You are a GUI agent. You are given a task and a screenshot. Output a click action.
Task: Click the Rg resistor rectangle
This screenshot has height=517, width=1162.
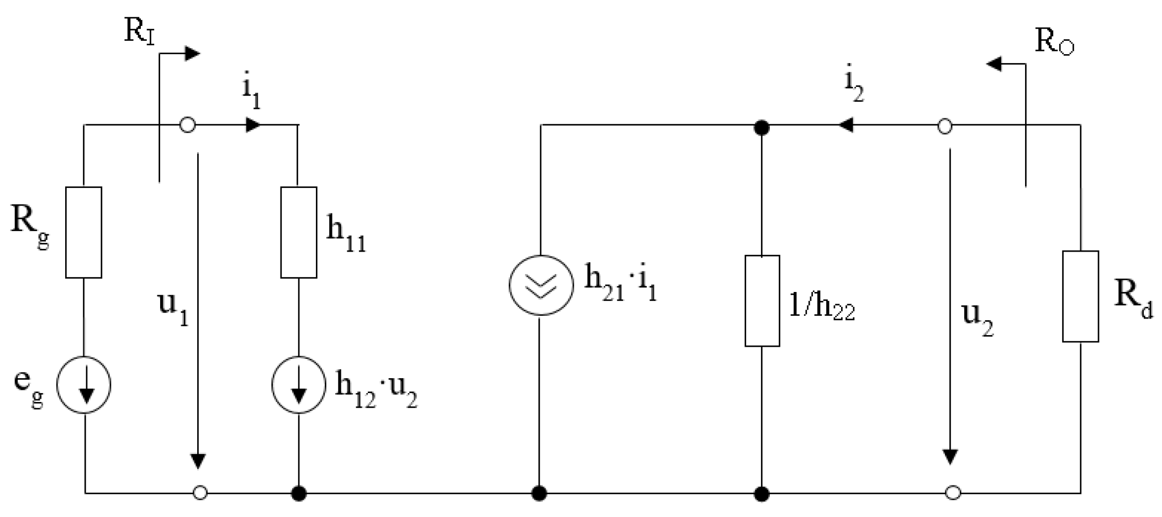[x=83, y=232]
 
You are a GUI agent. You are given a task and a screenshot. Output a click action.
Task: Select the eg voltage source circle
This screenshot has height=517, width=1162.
[x=84, y=385]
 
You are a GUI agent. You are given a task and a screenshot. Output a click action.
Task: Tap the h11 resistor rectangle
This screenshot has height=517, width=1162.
[x=299, y=232]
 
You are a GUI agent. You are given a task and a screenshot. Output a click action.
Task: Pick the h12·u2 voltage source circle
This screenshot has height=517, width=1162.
[x=299, y=385]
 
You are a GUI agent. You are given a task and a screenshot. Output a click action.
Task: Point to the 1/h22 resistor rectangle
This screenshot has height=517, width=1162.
[x=762, y=301]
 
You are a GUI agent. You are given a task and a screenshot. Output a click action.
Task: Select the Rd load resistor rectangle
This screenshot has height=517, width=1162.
[x=1080, y=296]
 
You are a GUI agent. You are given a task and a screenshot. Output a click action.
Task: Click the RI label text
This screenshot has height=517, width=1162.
[x=139, y=32]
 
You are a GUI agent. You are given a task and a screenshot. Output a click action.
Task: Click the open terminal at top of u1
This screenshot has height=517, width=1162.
[x=188, y=126]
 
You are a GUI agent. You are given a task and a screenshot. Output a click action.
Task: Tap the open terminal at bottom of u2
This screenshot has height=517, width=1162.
[x=952, y=492]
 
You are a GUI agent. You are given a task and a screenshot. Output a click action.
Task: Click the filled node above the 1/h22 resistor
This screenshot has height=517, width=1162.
[x=762, y=128]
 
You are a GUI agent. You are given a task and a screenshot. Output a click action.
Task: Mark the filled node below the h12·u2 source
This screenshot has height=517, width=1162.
[x=299, y=492]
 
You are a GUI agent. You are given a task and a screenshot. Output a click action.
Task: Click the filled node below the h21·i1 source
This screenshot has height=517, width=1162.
[x=540, y=492]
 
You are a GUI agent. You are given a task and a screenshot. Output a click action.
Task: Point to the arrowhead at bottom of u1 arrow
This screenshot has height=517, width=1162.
[x=198, y=461]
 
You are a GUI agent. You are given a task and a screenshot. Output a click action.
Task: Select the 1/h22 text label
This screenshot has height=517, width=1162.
[x=821, y=306]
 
